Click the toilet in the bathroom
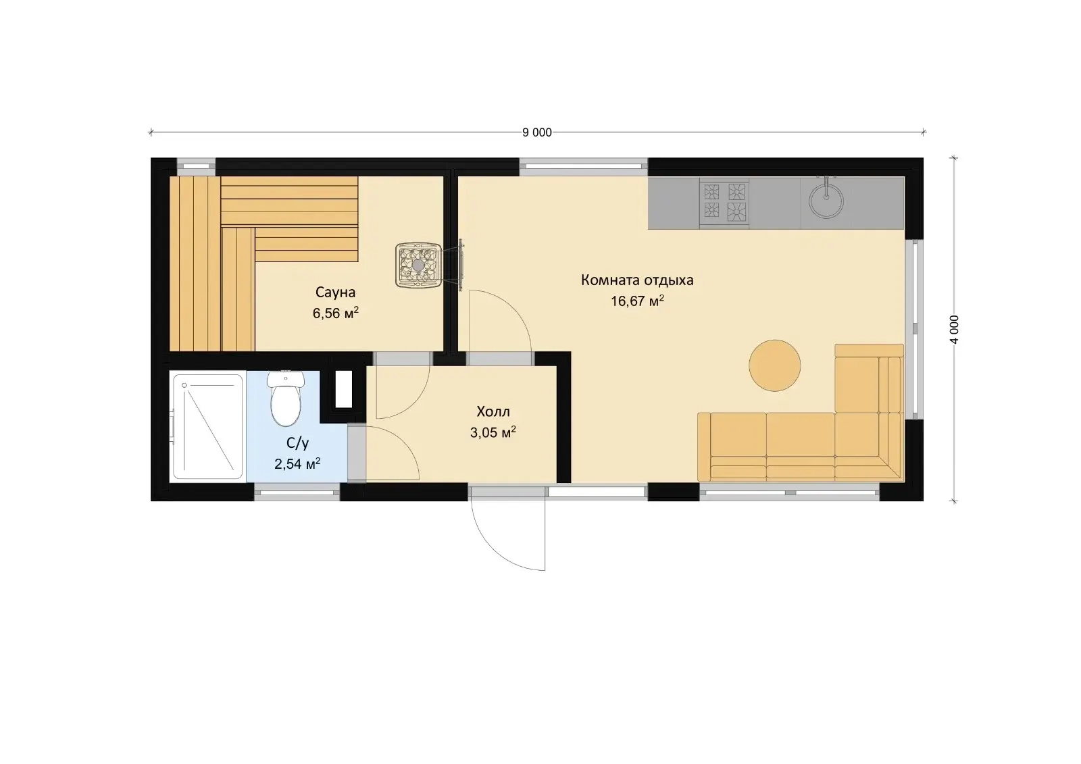click(x=286, y=399)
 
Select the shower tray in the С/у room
click(x=208, y=427)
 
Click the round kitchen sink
click(x=826, y=201)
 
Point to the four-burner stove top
click(x=724, y=202)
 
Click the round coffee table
click(x=774, y=365)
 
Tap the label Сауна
click(x=335, y=292)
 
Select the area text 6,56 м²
click(x=335, y=313)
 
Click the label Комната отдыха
click(x=637, y=280)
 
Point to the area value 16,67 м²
click(x=637, y=301)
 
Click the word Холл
click(x=493, y=411)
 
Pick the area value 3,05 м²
click(x=493, y=432)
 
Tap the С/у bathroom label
click(x=297, y=443)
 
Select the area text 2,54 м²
click(x=297, y=464)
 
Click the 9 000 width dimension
click(x=536, y=132)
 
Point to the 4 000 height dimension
click(x=954, y=330)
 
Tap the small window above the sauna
click(x=196, y=167)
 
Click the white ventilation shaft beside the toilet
click(x=343, y=389)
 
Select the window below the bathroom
click(x=297, y=492)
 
